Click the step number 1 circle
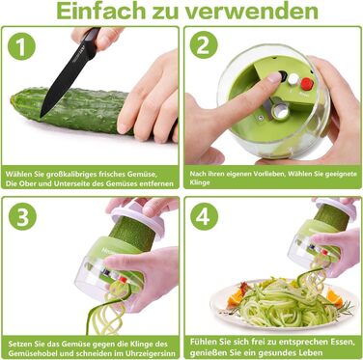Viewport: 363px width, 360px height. point(21,46)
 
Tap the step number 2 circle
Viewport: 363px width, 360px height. point(204,44)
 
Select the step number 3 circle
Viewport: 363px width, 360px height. point(22,216)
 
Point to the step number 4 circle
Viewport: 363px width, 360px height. point(204,216)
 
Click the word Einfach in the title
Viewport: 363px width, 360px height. point(101,11)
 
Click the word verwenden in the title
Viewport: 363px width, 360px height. point(251,12)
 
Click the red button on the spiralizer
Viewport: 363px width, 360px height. point(307,84)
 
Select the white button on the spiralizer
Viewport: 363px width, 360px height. point(293,79)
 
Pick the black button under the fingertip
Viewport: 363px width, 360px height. point(283,76)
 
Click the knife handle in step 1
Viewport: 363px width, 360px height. point(91,39)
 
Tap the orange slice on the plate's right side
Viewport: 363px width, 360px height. point(335,297)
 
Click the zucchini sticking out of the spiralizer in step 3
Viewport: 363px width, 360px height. point(133,233)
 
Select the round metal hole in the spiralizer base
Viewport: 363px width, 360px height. point(281,112)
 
